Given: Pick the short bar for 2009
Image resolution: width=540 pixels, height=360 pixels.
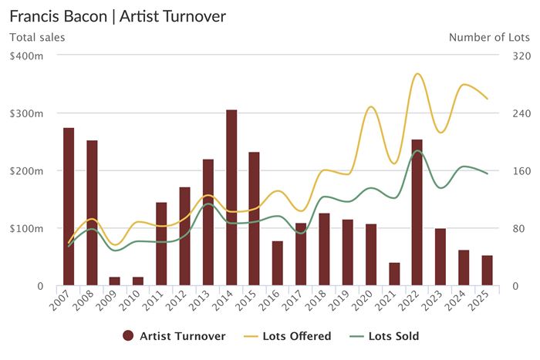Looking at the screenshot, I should coord(115,281).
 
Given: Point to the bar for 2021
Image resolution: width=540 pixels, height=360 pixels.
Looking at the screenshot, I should coord(394,274).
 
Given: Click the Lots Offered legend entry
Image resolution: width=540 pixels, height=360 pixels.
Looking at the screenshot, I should coord(296,336).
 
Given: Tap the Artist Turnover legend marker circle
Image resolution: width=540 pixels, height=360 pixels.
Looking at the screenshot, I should coord(128,336).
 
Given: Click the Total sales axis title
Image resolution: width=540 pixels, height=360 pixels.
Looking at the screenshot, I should coord(37,37).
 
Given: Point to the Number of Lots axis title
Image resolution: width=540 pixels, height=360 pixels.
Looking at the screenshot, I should coord(489,37).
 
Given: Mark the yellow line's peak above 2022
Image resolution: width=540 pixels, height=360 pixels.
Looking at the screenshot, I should coord(417,74).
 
